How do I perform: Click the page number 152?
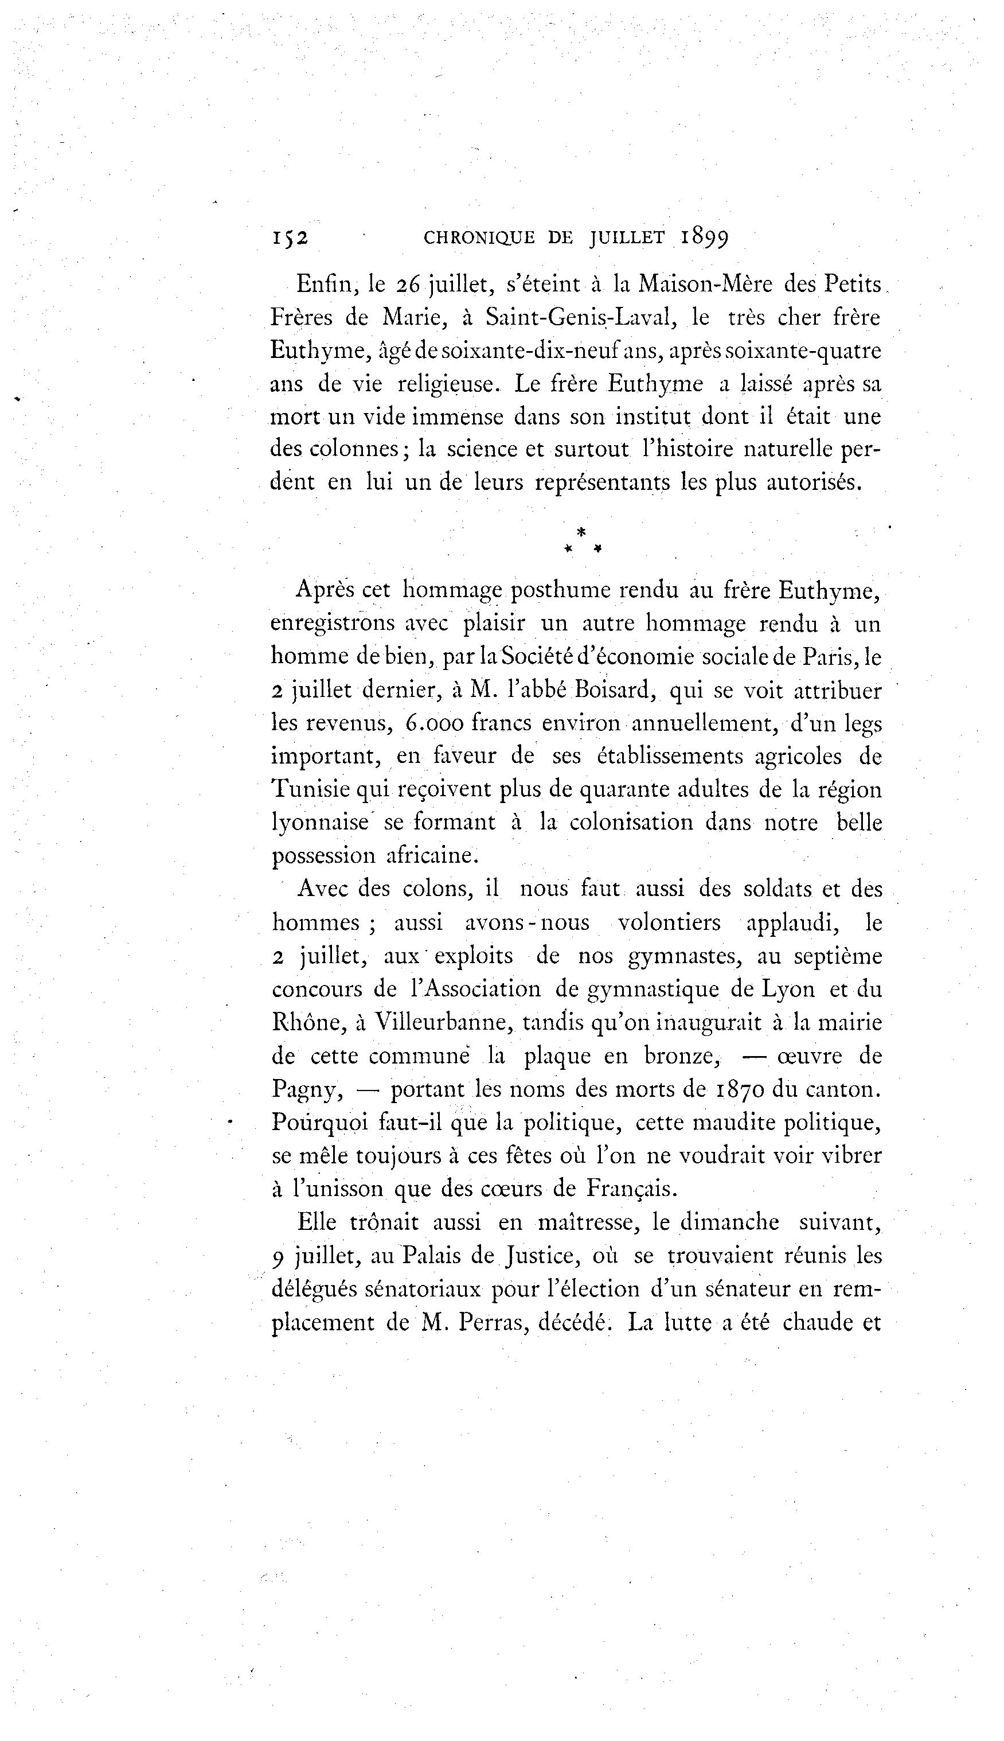tap(290, 238)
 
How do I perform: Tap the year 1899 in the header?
tap(704, 238)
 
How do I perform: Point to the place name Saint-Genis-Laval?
tap(579, 317)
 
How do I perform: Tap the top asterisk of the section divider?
tap(581, 532)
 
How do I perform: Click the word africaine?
tap(431, 856)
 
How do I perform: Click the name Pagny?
tap(303, 1090)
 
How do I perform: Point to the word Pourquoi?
tap(319, 1124)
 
